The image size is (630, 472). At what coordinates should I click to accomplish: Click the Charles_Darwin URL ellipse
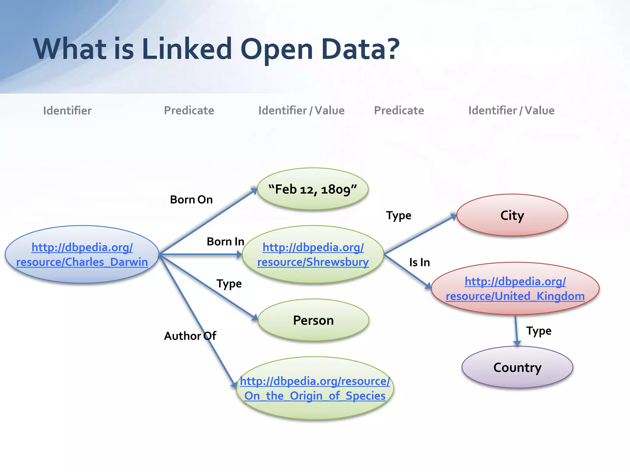click(82, 254)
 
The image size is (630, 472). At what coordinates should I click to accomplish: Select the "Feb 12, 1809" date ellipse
click(313, 189)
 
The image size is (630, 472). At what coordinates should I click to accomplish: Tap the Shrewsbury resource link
click(313, 255)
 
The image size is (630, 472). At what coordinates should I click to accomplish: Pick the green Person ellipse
click(313, 320)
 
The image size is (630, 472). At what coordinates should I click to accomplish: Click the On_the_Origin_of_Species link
click(315, 388)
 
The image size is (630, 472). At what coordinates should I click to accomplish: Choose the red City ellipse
click(512, 215)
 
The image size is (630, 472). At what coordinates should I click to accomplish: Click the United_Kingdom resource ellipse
click(515, 289)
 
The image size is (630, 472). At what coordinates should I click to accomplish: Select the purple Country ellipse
click(517, 367)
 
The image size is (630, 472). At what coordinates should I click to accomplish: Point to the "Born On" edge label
click(191, 200)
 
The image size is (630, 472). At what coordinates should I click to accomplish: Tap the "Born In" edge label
click(225, 242)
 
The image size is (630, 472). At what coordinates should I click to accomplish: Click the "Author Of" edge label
click(190, 336)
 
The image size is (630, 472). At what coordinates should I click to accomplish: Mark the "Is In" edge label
click(419, 262)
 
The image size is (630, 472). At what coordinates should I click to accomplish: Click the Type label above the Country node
click(539, 331)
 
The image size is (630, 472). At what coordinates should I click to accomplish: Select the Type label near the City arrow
click(398, 215)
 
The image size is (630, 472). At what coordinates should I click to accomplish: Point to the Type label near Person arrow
click(229, 284)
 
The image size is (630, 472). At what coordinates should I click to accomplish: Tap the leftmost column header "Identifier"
click(67, 111)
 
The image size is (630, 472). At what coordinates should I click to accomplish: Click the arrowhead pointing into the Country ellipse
click(517, 343)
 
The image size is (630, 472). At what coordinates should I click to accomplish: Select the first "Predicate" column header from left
click(189, 111)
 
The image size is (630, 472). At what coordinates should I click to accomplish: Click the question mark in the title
click(393, 49)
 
